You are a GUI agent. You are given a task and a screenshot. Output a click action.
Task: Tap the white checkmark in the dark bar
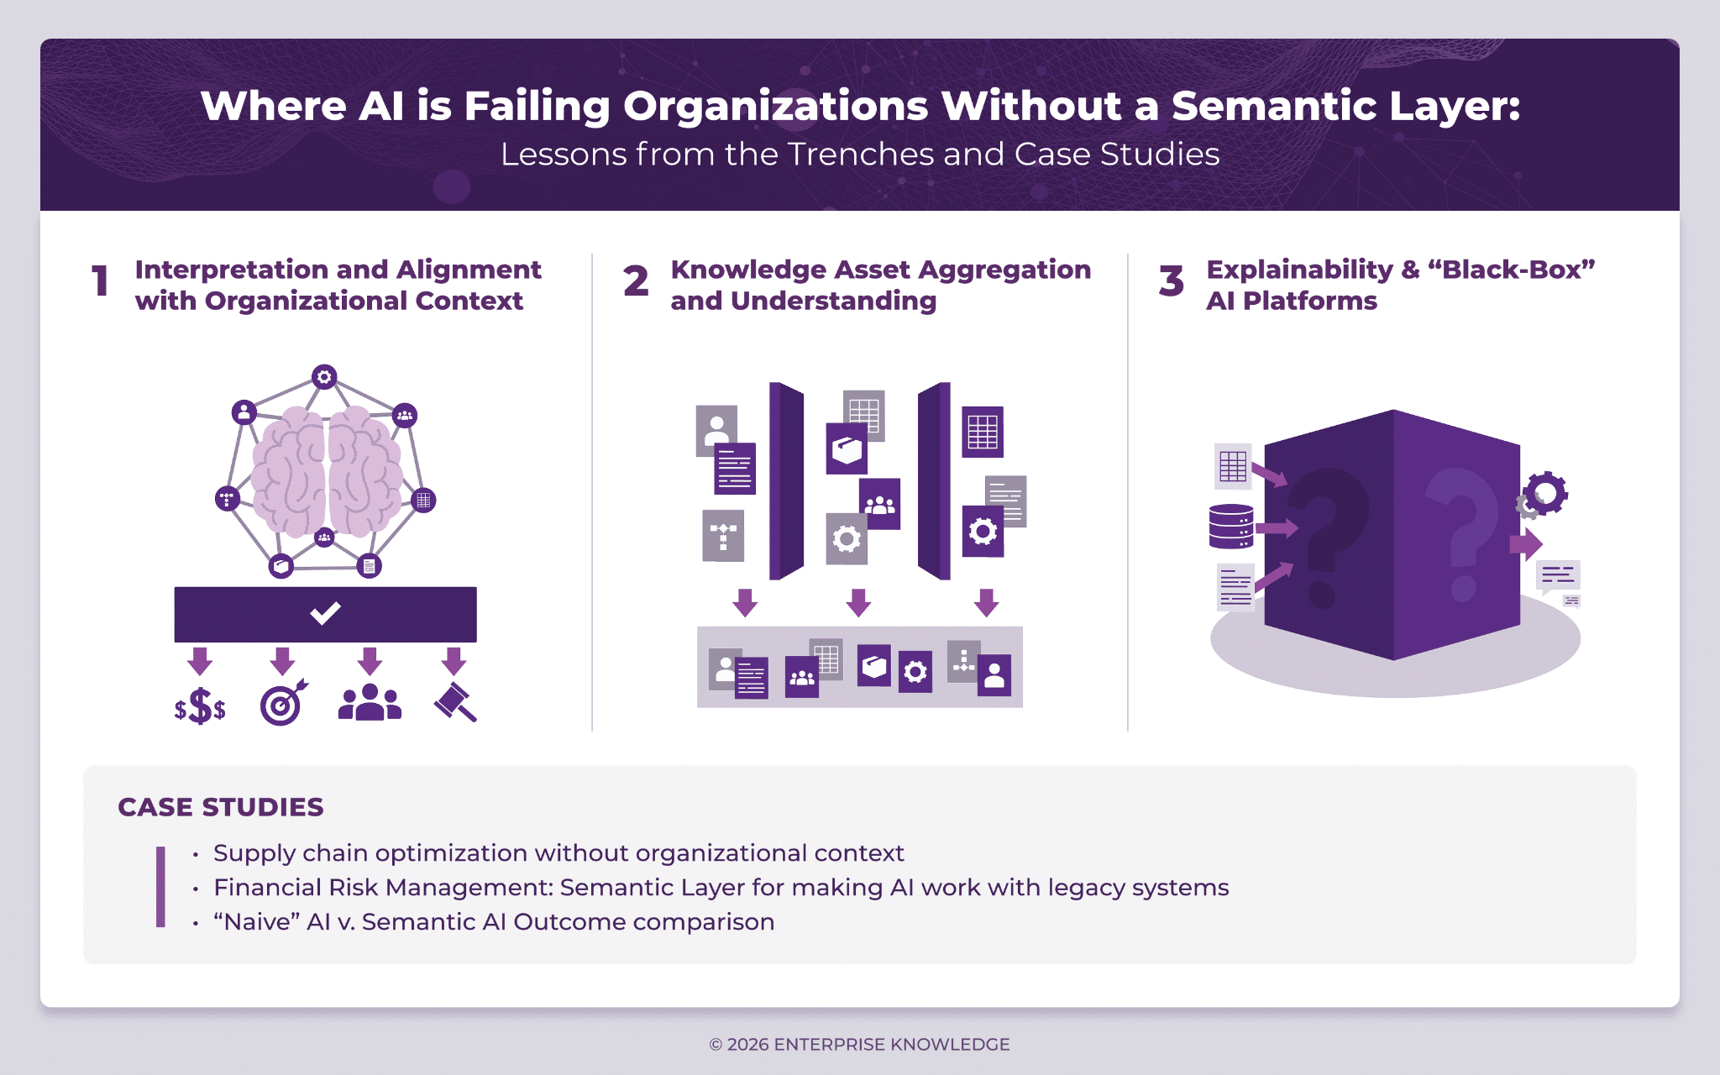coord(325,613)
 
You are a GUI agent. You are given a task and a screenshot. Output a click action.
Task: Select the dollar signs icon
coord(200,706)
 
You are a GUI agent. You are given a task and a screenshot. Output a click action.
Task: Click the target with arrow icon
coord(283,704)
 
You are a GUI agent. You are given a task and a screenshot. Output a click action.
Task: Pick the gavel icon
coord(454,702)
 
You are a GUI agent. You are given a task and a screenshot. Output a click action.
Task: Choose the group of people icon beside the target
coord(370,703)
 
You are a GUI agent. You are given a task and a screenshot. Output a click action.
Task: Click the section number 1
coord(101,281)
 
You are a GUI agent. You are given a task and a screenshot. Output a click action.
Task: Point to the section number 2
coord(636,281)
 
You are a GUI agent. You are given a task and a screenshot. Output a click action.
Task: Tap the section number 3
coord(1171,281)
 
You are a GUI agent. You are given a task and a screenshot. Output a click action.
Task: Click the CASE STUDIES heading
coord(221,807)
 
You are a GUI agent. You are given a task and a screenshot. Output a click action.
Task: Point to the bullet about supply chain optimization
coord(558,853)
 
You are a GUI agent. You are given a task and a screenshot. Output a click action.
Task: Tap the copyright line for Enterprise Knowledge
coord(860,1044)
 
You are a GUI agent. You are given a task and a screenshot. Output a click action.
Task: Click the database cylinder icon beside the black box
coord(1231,527)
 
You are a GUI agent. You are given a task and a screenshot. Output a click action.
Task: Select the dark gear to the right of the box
coord(1546,493)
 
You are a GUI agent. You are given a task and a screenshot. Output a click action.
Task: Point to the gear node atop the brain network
coord(324,377)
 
